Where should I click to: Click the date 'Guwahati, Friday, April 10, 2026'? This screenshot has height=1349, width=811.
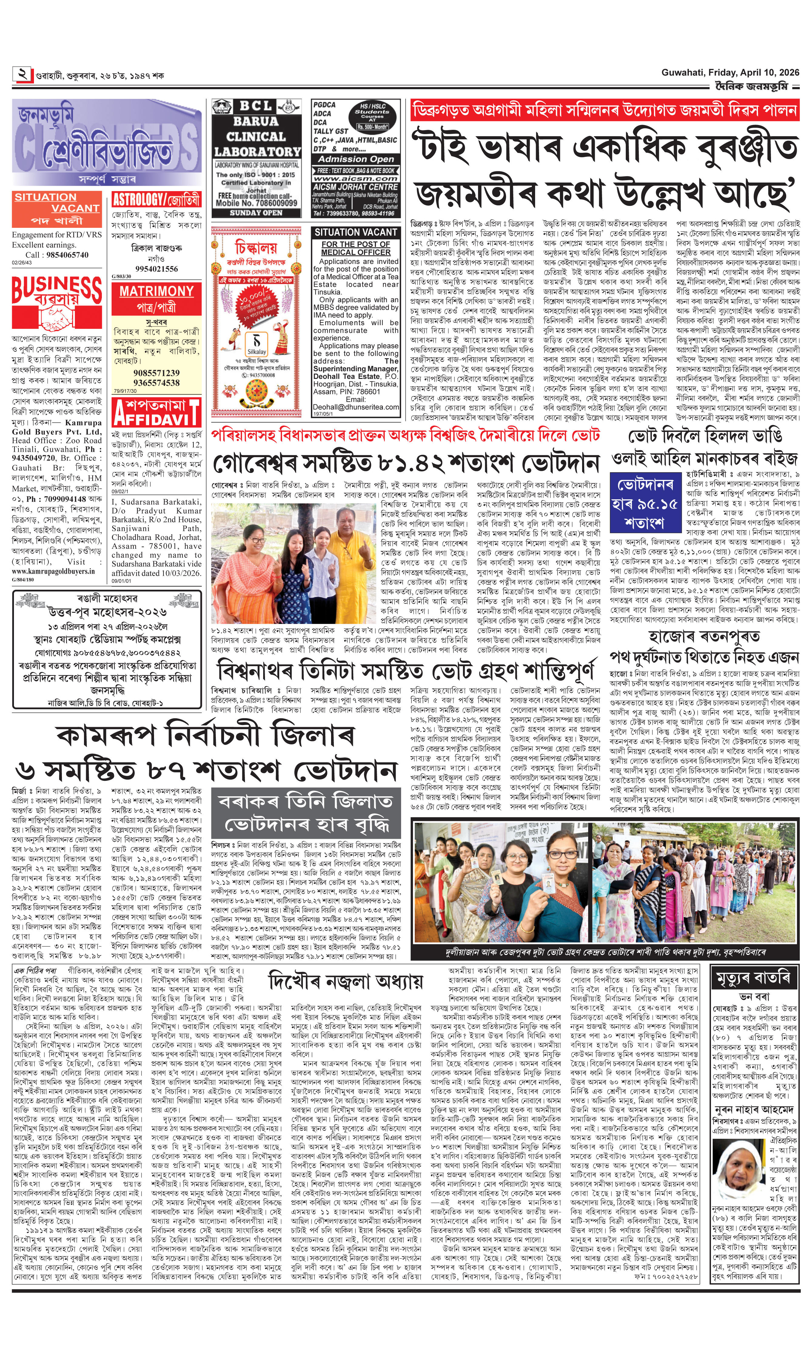730,73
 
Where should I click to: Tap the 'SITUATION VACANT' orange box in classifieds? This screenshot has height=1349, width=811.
57,208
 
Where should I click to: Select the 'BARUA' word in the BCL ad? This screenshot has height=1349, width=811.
256,121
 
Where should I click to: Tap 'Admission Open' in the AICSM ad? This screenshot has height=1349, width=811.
356,159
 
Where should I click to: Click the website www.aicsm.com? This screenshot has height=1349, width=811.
356,178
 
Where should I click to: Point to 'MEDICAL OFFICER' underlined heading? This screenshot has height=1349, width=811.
356,252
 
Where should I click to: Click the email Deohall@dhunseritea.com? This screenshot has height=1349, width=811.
356,407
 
